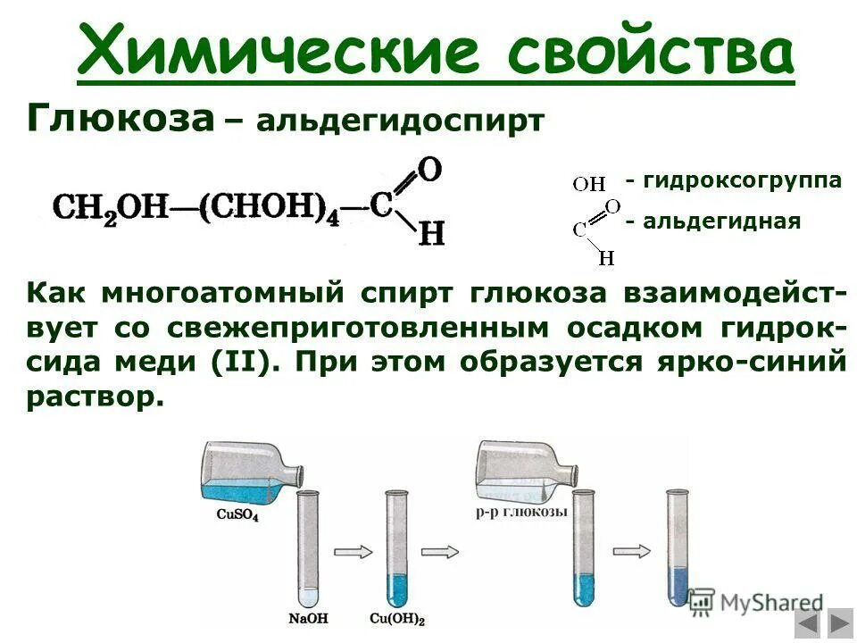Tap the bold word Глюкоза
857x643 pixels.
pos(121,118)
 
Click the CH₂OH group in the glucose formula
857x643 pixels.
pos(111,208)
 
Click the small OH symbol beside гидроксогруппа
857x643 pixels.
pos(589,185)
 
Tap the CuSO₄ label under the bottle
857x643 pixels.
pos(238,514)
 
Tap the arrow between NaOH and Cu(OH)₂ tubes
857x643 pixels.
pos(350,551)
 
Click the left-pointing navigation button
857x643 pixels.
pos(809,622)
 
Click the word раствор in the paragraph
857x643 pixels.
pos(96,397)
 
